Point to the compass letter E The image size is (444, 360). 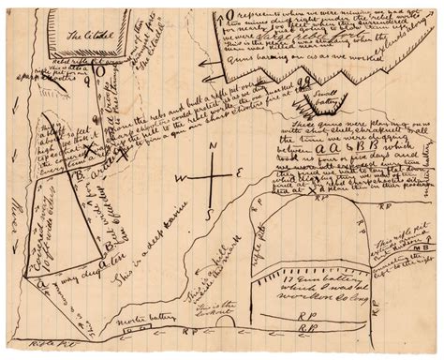237,173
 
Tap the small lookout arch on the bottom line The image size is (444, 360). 226,322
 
